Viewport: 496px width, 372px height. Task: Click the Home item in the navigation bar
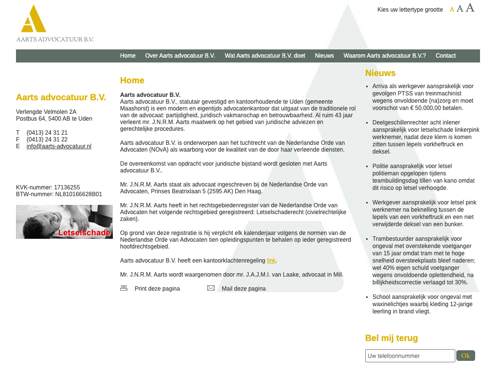(128, 56)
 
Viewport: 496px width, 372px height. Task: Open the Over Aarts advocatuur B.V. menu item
(180, 56)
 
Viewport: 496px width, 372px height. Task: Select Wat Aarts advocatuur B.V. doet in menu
(265, 56)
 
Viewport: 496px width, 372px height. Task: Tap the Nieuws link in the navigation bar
(325, 56)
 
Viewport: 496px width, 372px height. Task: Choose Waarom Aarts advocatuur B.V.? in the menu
(385, 56)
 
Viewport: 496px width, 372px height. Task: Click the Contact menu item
(446, 56)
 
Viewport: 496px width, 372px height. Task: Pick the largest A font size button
(470, 8)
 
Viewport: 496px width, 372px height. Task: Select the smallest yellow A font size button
(452, 9)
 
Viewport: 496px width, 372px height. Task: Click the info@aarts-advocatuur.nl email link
(59, 146)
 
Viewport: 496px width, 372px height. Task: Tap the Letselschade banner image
(64, 222)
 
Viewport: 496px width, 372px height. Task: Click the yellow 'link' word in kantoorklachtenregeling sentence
(271, 261)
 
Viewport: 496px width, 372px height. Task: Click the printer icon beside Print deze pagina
(124, 288)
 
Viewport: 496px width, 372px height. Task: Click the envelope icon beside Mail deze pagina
(211, 288)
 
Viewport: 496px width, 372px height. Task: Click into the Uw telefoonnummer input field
(410, 356)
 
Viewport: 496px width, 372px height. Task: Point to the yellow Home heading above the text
(132, 80)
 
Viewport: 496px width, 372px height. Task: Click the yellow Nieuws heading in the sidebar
(380, 73)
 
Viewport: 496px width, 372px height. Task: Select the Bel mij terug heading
(391, 338)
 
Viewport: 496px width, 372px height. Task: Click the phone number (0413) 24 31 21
(47, 133)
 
